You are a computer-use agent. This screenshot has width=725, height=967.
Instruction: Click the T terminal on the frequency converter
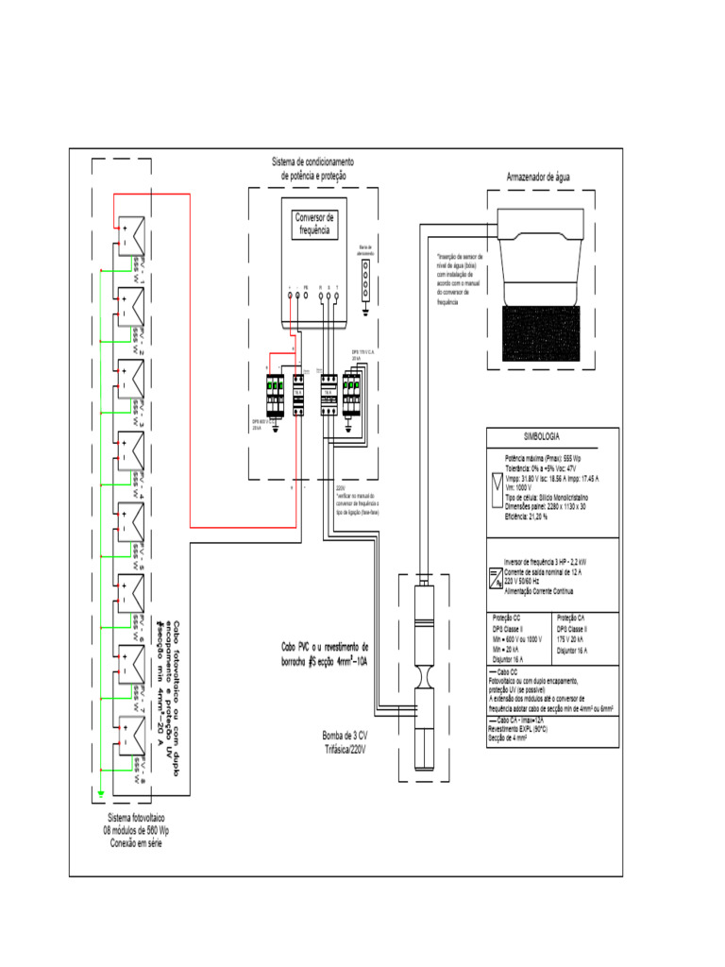pyautogui.click(x=339, y=296)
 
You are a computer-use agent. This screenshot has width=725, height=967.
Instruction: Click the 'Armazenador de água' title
pyautogui.click(x=540, y=177)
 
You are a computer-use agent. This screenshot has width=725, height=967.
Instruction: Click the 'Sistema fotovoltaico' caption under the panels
pyautogui.click(x=136, y=818)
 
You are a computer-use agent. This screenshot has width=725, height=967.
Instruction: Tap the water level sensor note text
pyautogui.click(x=459, y=279)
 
